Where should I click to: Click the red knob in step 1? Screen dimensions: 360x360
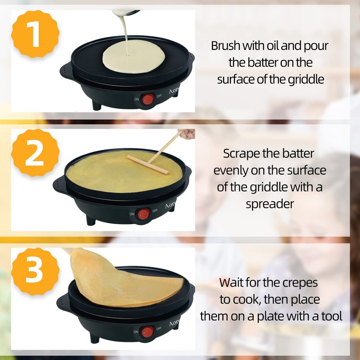[x=147, y=99]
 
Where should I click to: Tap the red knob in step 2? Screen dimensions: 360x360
[x=144, y=214]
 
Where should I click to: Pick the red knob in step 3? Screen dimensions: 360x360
[x=147, y=333]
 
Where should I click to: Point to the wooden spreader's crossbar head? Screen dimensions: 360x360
[x=148, y=165]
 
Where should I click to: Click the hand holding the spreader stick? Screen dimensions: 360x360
[x=187, y=134]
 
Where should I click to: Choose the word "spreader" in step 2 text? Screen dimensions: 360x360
[x=270, y=203]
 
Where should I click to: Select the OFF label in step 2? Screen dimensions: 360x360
[x=155, y=211]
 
